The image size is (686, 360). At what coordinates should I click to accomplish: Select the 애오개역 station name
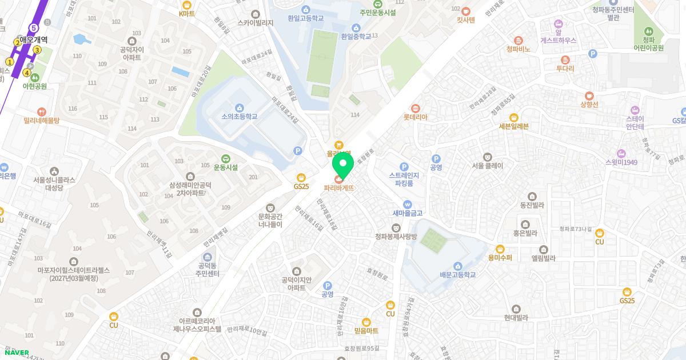[34, 40]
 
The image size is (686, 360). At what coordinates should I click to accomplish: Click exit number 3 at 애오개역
[37, 50]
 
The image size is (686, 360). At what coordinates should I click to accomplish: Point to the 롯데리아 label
[416, 117]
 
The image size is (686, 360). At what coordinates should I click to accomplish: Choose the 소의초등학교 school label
[240, 116]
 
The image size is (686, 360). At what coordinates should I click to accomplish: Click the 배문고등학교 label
[457, 274]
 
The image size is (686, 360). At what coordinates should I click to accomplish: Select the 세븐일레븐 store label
[513, 126]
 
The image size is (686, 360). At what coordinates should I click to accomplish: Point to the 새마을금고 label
[407, 213]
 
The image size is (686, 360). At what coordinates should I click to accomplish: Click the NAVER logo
[15, 353]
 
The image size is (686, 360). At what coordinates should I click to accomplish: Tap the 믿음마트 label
[366, 330]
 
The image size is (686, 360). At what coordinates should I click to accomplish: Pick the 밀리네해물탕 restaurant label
[41, 121]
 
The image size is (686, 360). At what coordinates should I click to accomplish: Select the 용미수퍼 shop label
[500, 257]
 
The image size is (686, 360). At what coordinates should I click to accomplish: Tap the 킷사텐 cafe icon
[465, 11]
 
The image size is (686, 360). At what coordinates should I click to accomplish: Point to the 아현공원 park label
[34, 86]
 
